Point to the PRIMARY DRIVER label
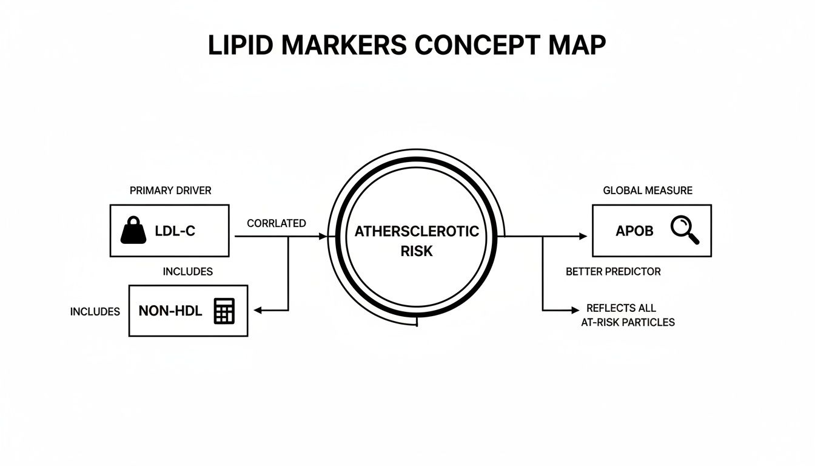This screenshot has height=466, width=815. tap(170, 191)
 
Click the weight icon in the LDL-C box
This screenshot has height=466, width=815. tap(134, 231)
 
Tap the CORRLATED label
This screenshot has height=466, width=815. tap(277, 223)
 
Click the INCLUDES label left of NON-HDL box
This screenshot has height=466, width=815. tap(95, 312)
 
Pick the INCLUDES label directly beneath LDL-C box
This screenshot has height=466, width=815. tap(187, 272)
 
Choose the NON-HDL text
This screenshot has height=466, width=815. tap(170, 311)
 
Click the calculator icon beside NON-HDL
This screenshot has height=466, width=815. tap(224, 311)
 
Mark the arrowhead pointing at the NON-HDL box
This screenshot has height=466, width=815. tap(257, 311)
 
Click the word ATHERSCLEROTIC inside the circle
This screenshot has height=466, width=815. tap(416, 232)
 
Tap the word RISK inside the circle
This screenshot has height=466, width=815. tap(417, 251)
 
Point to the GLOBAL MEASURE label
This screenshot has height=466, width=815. tap(648, 191)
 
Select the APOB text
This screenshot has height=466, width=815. tap(634, 231)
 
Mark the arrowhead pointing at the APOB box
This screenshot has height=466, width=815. tap(583, 236)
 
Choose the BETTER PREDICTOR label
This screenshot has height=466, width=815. tap(613, 272)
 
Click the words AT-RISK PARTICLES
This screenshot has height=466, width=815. tap(628, 322)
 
